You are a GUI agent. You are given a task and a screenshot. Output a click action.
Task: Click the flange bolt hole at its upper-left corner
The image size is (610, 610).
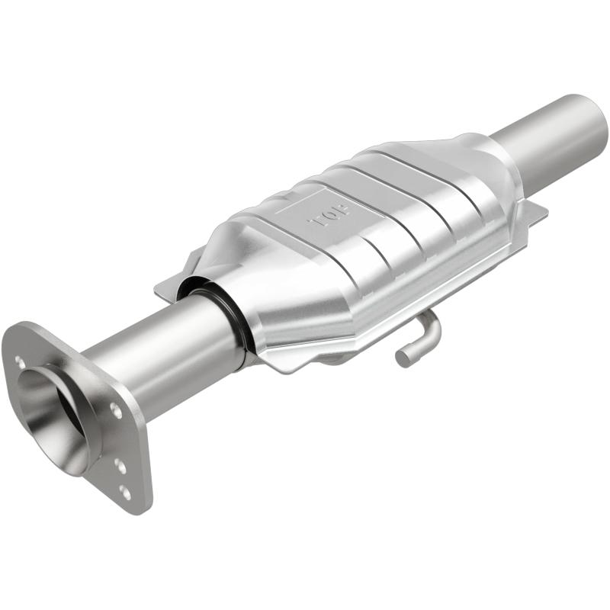[21, 364]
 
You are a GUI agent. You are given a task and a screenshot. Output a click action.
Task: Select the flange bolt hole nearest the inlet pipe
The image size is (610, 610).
[115, 409]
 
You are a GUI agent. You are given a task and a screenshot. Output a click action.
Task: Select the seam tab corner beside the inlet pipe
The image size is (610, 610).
[164, 289]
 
